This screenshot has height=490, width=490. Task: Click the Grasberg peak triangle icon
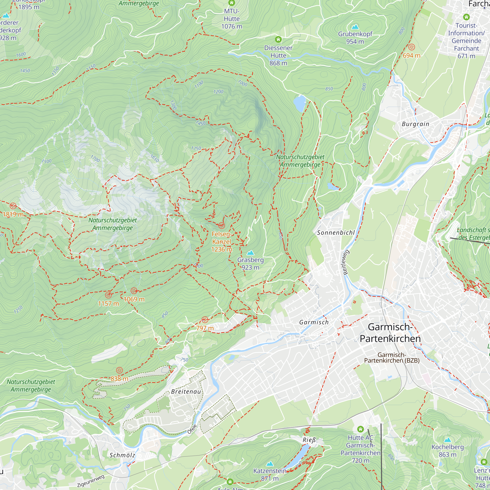tap(250, 253)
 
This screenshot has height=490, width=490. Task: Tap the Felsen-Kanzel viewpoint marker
tap(221, 225)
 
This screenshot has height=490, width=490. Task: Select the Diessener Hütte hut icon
tap(278, 39)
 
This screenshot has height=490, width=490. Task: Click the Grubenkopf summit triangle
tap(355, 27)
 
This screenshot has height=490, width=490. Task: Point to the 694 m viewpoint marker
tap(412, 47)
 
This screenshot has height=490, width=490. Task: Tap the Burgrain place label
tap(416, 124)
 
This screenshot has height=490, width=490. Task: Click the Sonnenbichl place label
tap(336, 233)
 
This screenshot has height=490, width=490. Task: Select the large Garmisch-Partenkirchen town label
tap(390, 333)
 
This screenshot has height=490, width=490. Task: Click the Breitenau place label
tap(186, 392)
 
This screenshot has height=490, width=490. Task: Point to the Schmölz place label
tap(122, 455)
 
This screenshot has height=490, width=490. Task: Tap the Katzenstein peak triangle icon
tap(270, 464)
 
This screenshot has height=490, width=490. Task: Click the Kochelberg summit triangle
tap(448, 440)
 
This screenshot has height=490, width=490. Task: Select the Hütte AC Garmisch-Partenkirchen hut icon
tap(360, 429)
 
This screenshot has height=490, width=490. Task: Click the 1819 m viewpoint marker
tap(13, 206)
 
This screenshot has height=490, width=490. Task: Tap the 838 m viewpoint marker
tap(120, 370)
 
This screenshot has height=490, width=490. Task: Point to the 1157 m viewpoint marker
tap(108, 295)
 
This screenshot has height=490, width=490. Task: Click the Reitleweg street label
tap(346, 262)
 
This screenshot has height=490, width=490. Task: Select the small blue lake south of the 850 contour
tap(300, 103)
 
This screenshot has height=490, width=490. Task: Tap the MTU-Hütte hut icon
tap(232, 3)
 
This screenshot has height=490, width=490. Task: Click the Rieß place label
tap(309, 440)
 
